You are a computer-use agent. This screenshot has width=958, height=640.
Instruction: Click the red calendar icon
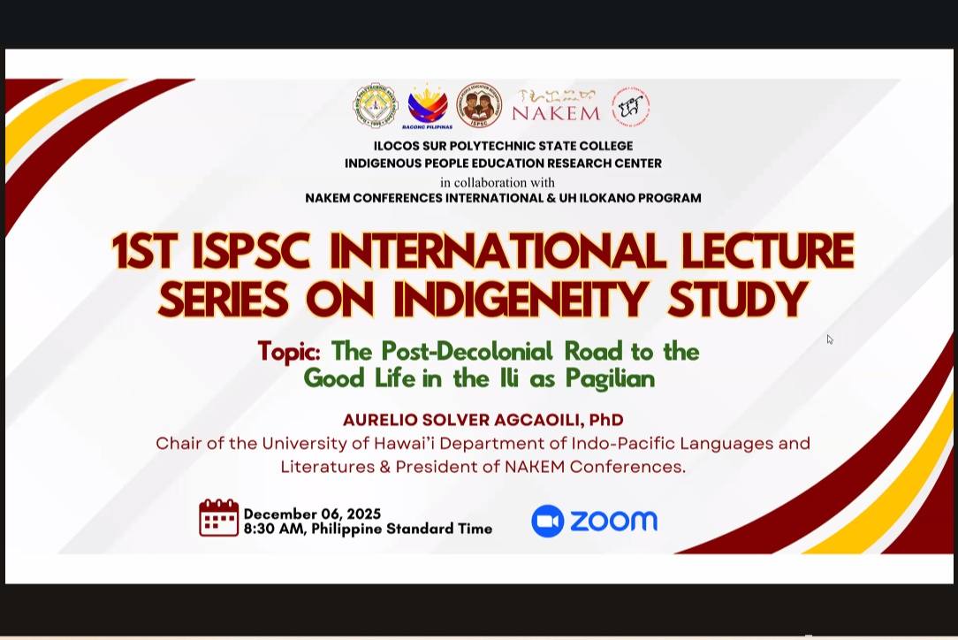218,517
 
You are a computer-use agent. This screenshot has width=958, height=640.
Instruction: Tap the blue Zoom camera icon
547,521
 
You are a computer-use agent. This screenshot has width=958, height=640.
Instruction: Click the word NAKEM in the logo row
556,113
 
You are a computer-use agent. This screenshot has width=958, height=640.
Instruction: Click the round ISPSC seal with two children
480,106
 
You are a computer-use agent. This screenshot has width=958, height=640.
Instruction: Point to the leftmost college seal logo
376,106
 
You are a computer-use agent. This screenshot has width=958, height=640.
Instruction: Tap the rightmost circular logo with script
630,107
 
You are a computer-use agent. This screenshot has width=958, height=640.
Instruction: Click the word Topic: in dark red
289,352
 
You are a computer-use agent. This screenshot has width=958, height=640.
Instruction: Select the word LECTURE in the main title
767,251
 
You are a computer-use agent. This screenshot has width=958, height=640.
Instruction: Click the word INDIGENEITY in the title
520,299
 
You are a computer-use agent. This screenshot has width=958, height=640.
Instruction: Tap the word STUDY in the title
737,299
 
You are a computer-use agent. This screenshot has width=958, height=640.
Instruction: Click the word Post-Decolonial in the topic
467,352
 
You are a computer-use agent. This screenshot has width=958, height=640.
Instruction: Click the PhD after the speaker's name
606,420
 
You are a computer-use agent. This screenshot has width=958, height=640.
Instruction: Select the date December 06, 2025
312,514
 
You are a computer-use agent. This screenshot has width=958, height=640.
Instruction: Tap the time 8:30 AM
274,529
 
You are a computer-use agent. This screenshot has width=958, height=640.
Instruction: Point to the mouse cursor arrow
830,339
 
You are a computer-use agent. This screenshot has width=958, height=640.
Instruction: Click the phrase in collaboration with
498,182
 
